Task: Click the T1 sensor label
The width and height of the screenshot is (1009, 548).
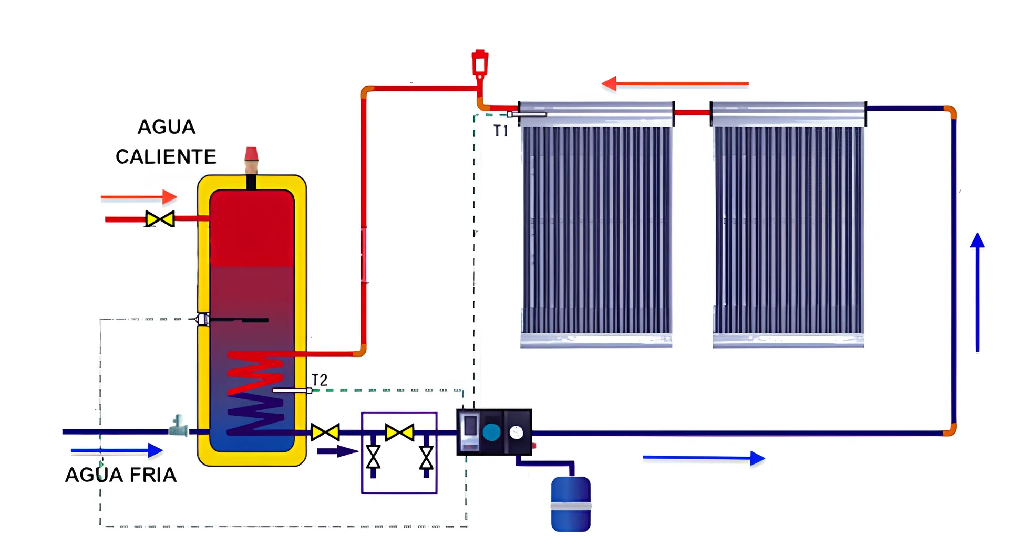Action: tap(501, 131)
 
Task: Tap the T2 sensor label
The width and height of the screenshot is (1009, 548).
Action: tap(320, 380)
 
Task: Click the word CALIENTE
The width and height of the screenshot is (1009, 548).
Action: tap(166, 156)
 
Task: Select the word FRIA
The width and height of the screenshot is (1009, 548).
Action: tap(153, 475)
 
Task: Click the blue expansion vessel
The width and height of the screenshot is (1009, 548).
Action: tap(571, 504)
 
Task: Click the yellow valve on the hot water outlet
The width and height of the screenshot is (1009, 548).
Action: tap(160, 219)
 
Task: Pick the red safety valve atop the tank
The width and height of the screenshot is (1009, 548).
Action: tap(251, 154)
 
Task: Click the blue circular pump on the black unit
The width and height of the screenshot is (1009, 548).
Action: tap(492, 432)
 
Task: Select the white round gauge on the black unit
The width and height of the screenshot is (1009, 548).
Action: tap(516, 432)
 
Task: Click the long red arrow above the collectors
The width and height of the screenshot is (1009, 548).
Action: tap(675, 83)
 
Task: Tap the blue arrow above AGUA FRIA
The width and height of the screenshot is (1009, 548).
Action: tap(117, 450)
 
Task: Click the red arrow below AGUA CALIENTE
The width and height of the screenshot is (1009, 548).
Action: tap(139, 197)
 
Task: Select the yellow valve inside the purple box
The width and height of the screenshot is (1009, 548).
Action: tap(399, 433)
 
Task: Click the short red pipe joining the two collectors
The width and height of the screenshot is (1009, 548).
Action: tap(692, 112)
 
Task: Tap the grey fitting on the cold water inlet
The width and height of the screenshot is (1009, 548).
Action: tap(179, 426)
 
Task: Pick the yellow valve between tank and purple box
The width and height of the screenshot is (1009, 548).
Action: tap(325, 433)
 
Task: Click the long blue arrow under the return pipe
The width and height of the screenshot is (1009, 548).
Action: tap(704, 458)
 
